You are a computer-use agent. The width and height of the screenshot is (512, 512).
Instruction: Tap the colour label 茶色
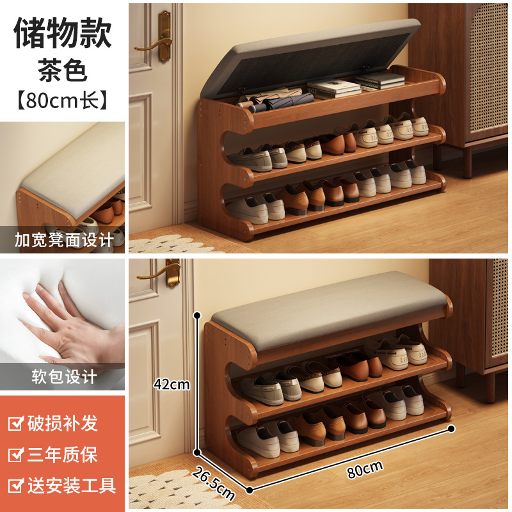(x=63, y=70)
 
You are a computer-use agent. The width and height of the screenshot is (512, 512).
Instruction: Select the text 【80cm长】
(x=63, y=100)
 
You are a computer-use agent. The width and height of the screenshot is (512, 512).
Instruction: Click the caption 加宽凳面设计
(x=63, y=240)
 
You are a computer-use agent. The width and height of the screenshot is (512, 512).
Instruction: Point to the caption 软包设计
(x=63, y=376)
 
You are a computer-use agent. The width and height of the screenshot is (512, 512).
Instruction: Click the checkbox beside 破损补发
(x=15, y=424)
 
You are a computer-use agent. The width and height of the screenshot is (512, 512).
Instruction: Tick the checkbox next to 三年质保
(x=15, y=455)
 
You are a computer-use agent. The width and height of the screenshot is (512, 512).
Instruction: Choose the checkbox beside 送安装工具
(x=15, y=486)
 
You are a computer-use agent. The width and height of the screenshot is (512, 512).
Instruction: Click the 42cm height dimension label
(x=172, y=384)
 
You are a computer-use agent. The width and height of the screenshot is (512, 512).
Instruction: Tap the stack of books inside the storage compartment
(x=358, y=84)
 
